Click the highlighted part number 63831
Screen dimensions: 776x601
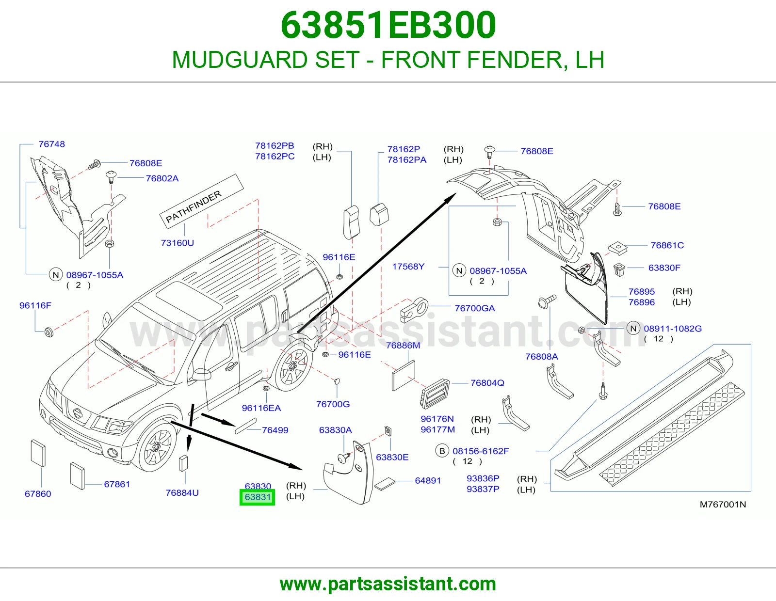pyautogui.click(x=258, y=497)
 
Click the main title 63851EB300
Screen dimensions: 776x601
pyautogui.click(x=388, y=25)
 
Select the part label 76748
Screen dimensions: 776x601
pyautogui.click(x=52, y=144)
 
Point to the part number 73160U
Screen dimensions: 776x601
pyautogui.click(x=178, y=243)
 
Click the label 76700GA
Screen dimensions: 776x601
pyautogui.click(x=475, y=308)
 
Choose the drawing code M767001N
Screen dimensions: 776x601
pyautogui.click(x=723, y=504)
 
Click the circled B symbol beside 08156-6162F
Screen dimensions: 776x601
pyautogui.click(x=442, y=451)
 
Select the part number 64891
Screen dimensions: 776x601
pyautogui.click(x=428, y=481)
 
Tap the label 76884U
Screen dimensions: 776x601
pyautogui.click(x=182, y=493)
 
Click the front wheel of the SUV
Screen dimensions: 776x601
pyautogui.click(x=157, y=446)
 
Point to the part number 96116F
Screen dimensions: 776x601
pyautogui.click(x=35, y=305)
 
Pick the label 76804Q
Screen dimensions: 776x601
pyautogui.click(x=487, y=383)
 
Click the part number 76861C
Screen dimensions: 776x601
pyautogui.click(x=667, y=245)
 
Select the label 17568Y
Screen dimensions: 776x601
pyautogui.click(x=408, y=267)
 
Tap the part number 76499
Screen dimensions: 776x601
pyautogui.click(x=275, y=430)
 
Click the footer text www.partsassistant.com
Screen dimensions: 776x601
pyautogui.click(x=388, y=584)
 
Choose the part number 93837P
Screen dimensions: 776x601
pyautogui.click(x=483, y=489)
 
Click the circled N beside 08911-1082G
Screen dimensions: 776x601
pyautogui.click(x=633, y=328)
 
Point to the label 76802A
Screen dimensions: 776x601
pyautogui.click(x=162, y=178)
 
